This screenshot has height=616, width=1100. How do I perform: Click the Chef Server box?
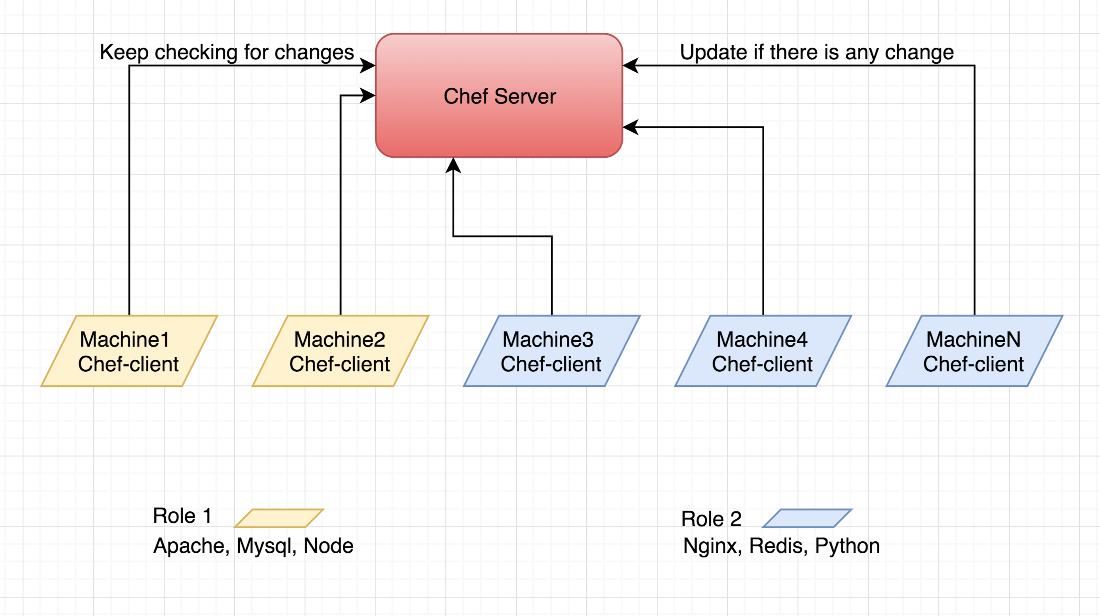(499, 96)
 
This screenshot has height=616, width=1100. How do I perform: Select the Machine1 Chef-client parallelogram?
(129, 351)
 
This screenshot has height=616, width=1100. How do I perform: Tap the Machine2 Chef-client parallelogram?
(340, 351)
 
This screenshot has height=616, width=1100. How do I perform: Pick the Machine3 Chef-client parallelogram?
(551, 351)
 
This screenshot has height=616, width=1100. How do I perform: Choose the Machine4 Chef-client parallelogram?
(763, 351)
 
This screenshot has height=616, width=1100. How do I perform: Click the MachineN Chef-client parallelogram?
(974, 351)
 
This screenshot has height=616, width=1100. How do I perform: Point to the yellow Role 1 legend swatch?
(279, 518)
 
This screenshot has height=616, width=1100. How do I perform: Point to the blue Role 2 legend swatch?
(807, 518)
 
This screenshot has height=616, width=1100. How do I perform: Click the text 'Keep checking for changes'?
(227, 53)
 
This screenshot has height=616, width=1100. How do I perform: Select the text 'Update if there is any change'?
(816, 53)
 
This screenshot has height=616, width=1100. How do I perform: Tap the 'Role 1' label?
(182, 516)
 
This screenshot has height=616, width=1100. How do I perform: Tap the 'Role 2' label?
(711, 519)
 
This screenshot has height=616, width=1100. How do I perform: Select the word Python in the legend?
(847, 546)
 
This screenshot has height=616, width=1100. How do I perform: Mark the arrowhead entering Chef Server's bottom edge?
(453, 165)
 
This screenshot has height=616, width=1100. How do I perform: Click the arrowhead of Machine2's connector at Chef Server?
(368, 96)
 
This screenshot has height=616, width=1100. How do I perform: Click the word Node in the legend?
(328, 546)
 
